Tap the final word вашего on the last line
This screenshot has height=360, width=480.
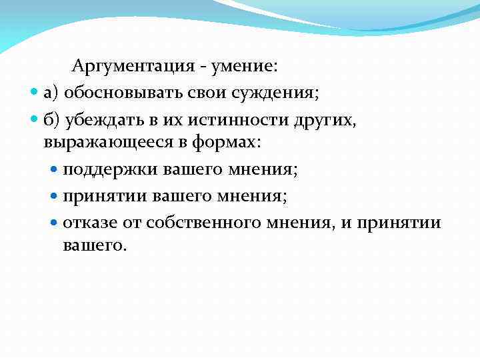(x=93, y=245)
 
